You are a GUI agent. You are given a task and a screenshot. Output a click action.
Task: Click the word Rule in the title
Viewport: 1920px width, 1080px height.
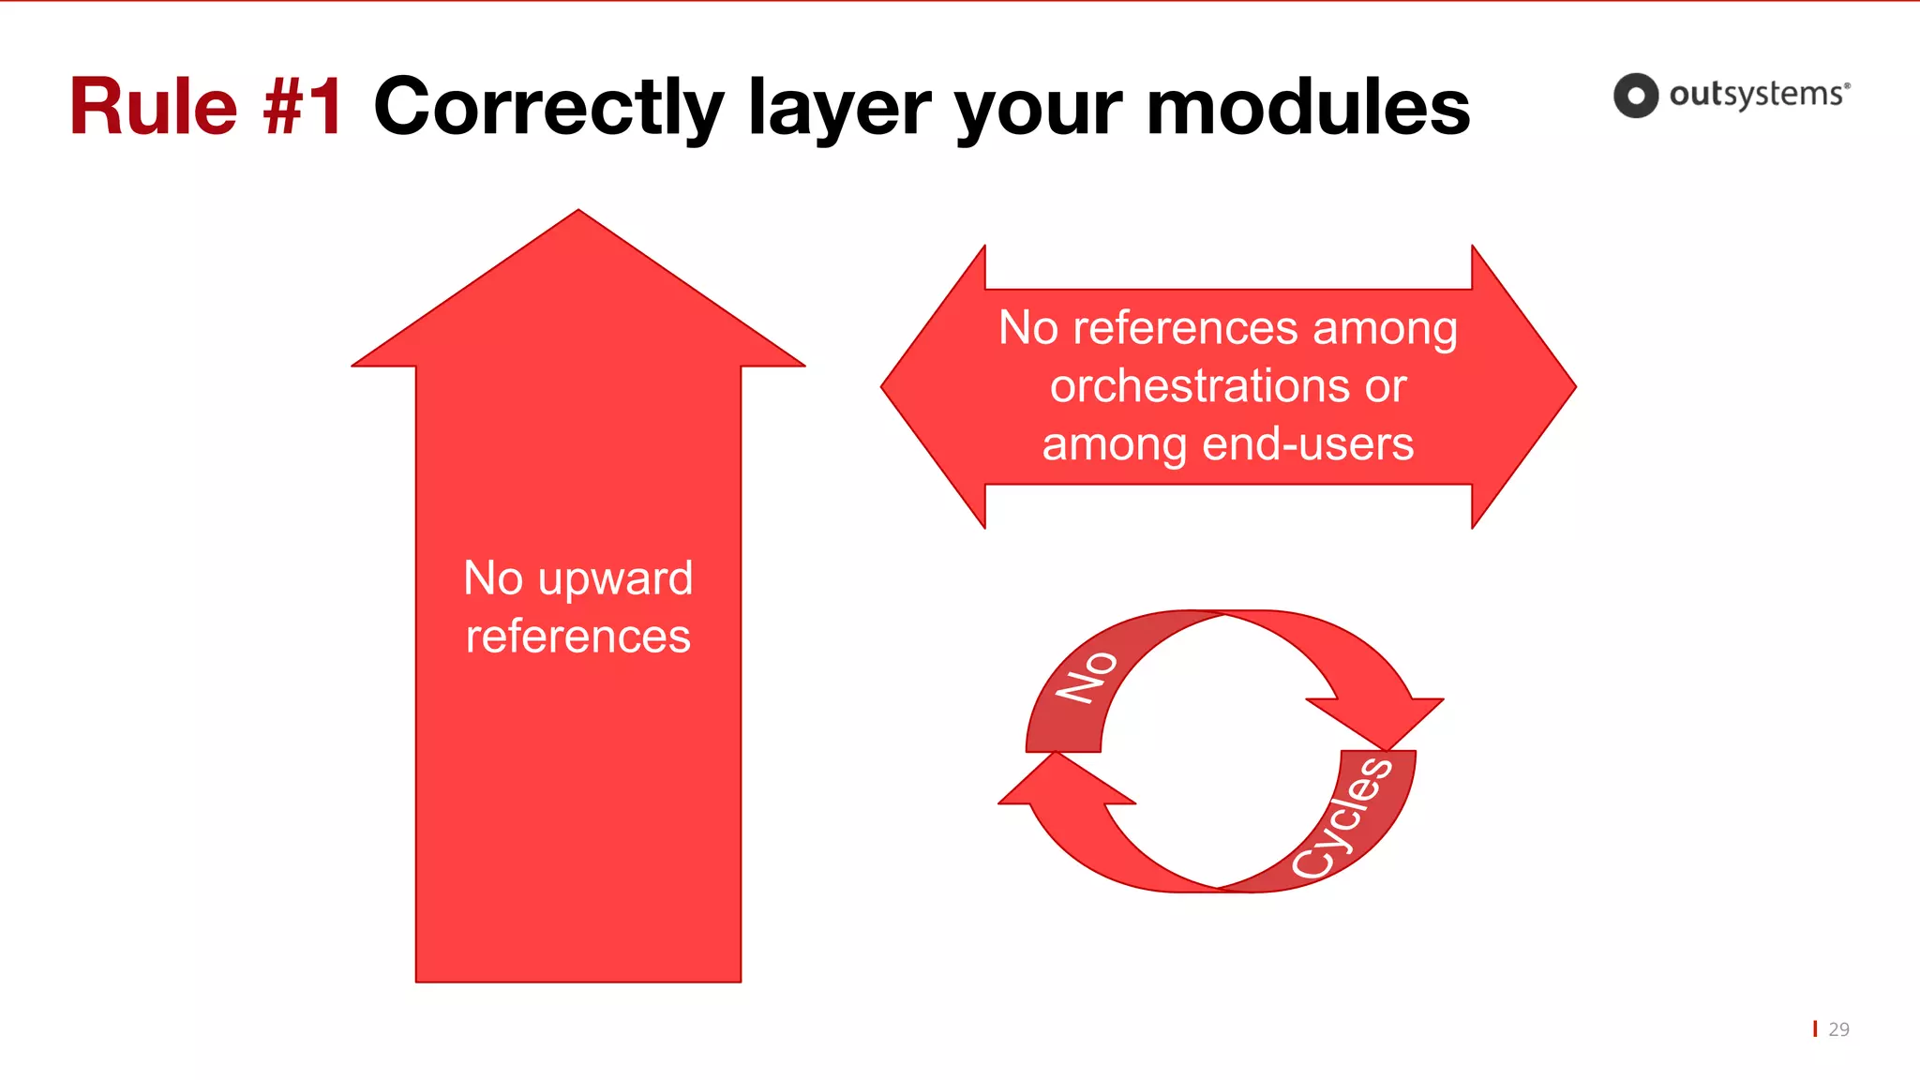point(154,107)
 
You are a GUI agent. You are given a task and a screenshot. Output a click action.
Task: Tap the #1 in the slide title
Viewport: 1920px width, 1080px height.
point(303,107)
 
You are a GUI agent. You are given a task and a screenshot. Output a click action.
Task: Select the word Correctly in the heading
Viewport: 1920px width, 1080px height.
point(548,107)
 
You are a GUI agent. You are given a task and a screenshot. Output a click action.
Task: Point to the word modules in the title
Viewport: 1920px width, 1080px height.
point(1308,107)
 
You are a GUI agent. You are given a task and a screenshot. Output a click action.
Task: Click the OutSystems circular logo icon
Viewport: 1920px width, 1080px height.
point(1635,96)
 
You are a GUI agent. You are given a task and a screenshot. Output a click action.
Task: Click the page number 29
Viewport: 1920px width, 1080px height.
point(1838,1029)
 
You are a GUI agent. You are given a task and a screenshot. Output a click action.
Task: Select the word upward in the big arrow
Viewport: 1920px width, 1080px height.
point(616,579)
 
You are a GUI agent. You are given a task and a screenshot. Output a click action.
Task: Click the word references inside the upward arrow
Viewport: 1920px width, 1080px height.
point(577,637)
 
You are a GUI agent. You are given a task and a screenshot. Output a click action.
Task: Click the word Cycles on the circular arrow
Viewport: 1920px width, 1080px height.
point(1342,817)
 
